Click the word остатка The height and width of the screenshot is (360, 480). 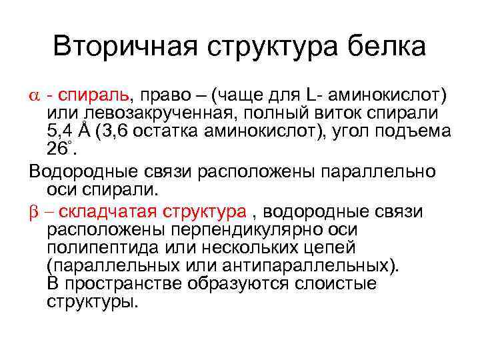point(175,130)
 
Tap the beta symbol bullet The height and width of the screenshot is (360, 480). point(35,212)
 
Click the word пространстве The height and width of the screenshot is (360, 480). point(117,284)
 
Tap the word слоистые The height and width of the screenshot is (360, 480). point(337,284)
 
